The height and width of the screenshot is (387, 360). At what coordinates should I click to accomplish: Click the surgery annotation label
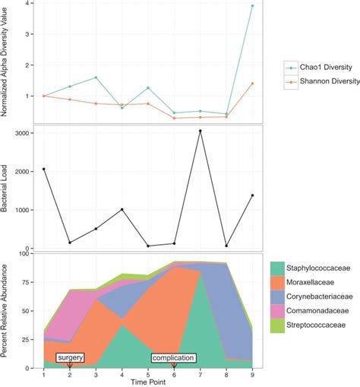[70, 357]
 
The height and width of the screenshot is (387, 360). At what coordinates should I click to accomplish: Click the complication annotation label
[173, 357]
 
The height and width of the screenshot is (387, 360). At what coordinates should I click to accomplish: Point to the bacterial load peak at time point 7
[200, 131]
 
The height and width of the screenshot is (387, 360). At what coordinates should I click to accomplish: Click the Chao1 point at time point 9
[252, 6]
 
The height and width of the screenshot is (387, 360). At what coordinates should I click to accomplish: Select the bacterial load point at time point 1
[44, 169]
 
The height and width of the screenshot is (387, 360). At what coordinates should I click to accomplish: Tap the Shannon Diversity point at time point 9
[252, 84]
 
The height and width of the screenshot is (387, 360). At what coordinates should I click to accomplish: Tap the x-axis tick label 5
[148, 374]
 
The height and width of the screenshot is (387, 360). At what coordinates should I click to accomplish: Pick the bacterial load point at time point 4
[122, 209]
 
